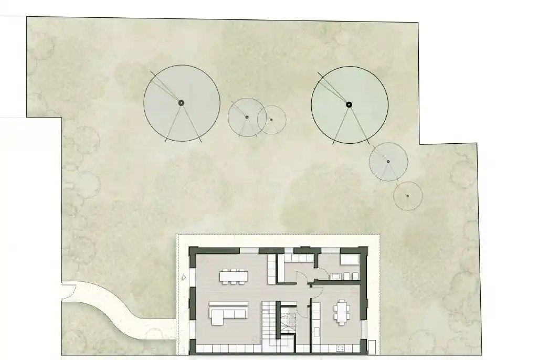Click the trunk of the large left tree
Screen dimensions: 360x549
click(181, 103)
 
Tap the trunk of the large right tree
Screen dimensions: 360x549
click(348, 104)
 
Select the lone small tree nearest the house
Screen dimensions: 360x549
click(408, 196)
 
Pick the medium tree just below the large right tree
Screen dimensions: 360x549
click(388, 162)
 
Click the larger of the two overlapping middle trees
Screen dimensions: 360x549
click(247, 118)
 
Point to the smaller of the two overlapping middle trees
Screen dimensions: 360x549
click(272, 120)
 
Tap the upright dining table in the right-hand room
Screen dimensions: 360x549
click(342, 312)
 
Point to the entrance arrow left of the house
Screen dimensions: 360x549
click(183, 277)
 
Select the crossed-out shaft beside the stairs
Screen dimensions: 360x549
click(287, 320)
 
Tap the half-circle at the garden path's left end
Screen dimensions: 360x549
click(66, 291)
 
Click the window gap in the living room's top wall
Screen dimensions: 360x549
click(249, 250)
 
